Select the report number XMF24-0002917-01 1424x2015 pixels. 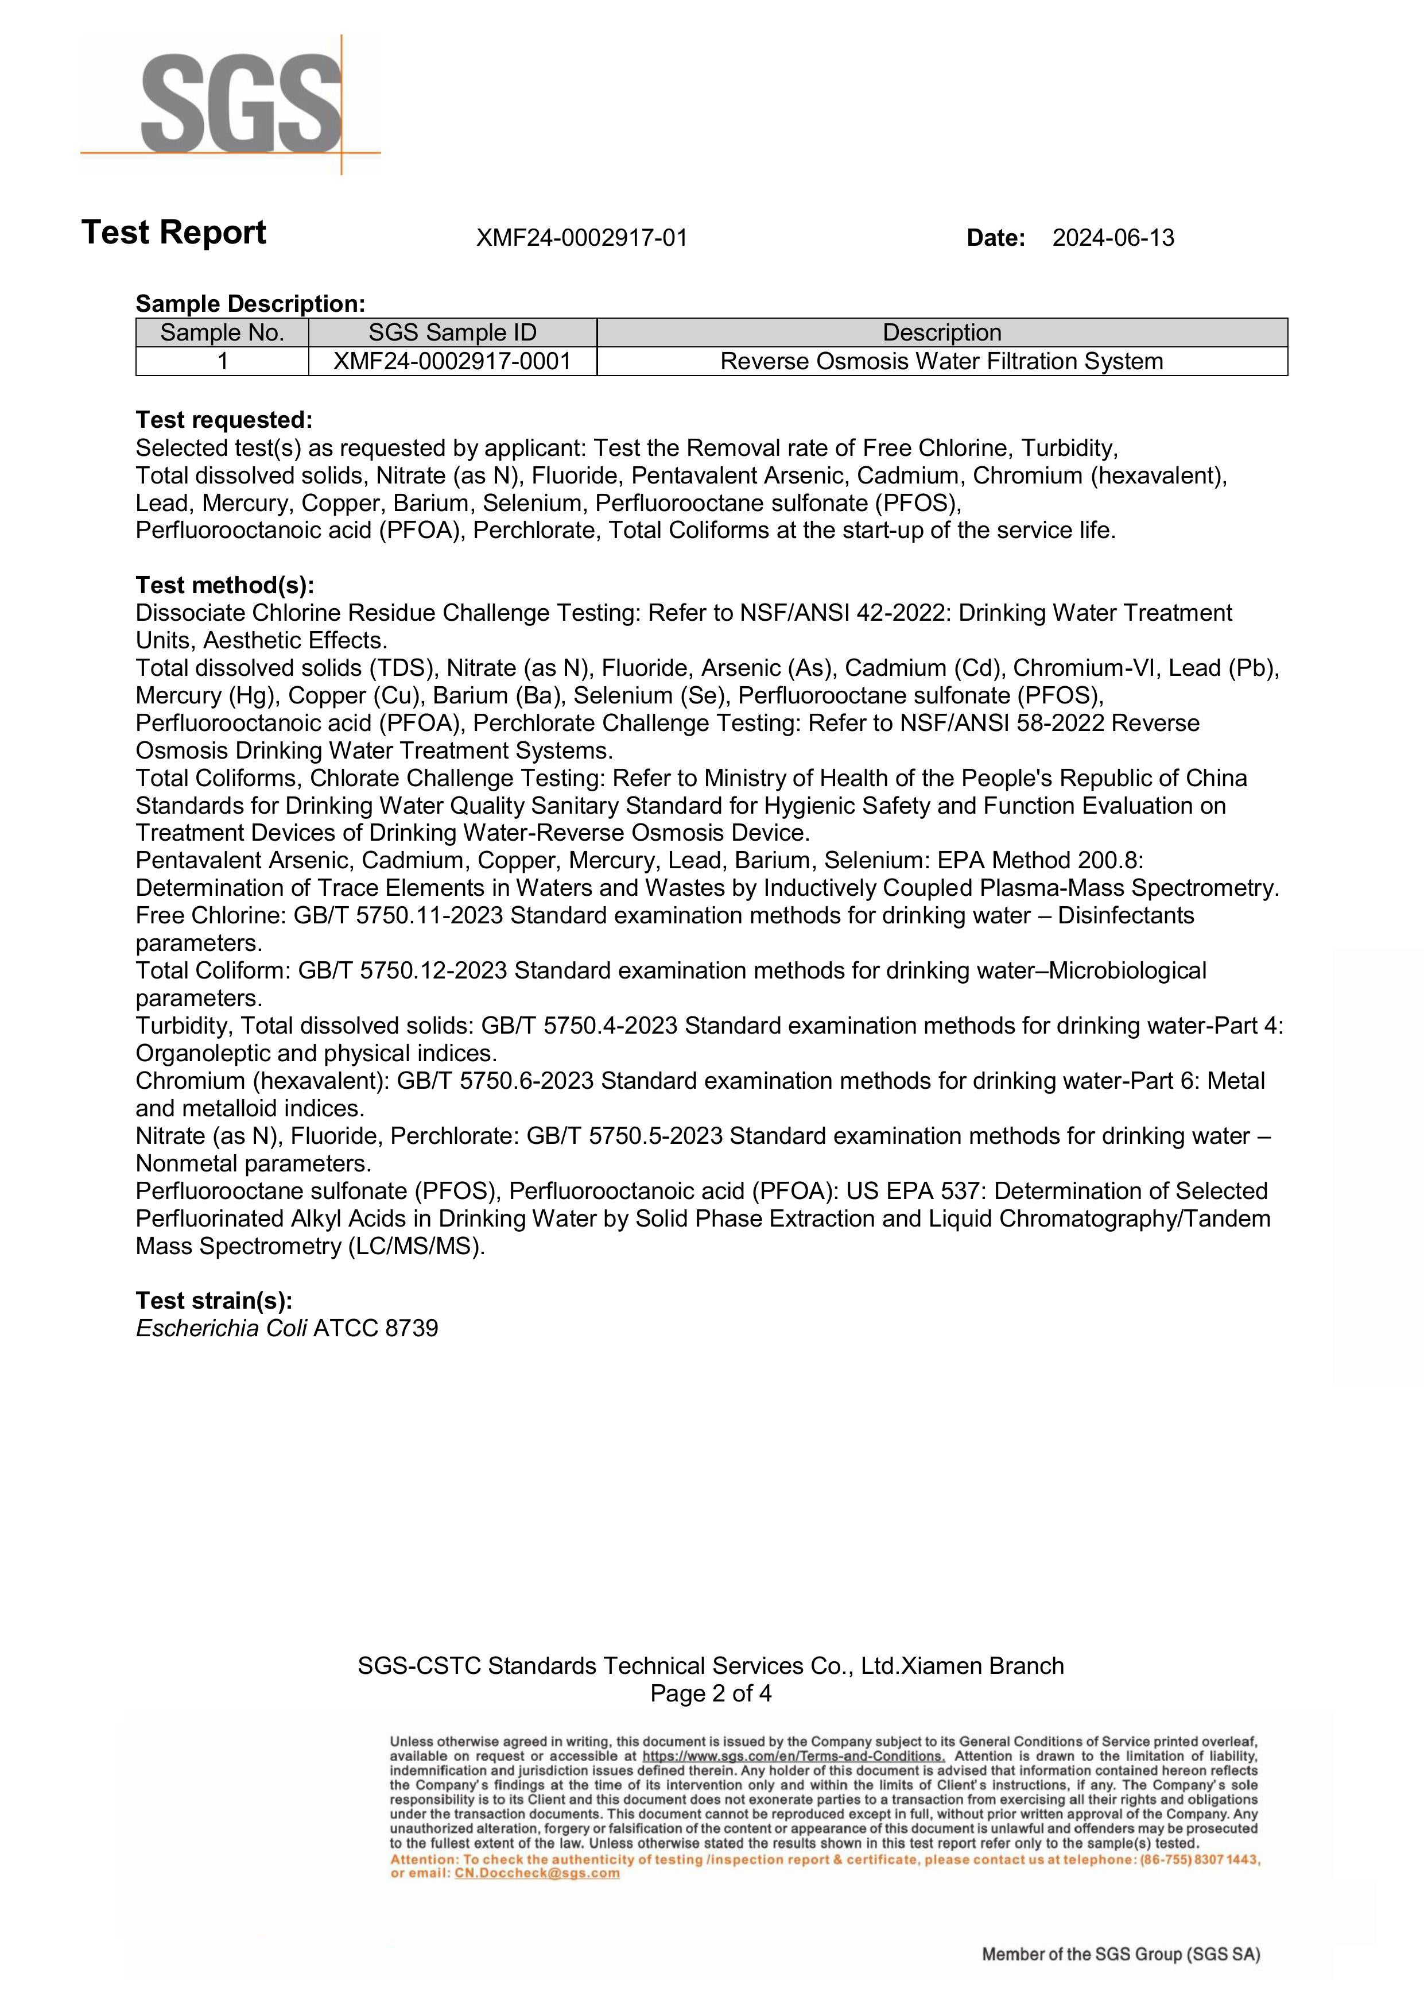(x=581, y=238)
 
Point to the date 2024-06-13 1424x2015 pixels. (x=1112, y=238)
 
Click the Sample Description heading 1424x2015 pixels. (x=250, y=304)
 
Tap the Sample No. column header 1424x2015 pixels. (x=222, y=332)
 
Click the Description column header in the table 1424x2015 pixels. (x=941, y=332)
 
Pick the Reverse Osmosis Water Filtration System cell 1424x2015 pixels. (x=941, y=362)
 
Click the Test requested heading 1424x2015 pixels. (x=224, y=420)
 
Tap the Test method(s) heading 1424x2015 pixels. (x=224, y=585)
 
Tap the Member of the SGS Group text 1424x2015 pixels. (x=1120, y=1955)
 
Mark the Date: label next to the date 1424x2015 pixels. (x=996, y=238)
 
